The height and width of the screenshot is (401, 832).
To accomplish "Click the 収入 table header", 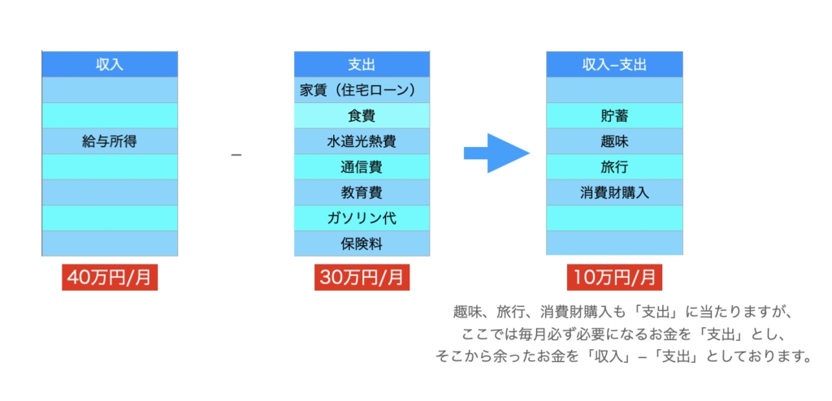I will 110,64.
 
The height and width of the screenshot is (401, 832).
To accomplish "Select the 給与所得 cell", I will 110,141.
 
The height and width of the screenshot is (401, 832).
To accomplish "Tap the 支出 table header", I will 362,64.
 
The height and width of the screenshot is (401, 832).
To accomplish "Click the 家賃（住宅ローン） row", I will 362,89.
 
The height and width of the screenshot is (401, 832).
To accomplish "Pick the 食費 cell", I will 362,116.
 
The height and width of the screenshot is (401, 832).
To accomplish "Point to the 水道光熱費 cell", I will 362,141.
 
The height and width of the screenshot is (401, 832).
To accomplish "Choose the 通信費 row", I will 362,167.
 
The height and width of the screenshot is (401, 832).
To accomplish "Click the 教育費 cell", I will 362,192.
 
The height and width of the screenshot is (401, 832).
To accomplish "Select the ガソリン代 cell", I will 362,218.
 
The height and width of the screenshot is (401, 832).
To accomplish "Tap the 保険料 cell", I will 362,243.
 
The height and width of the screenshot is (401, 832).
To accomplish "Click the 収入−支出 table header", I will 614,64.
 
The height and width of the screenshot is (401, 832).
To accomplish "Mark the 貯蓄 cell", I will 614,116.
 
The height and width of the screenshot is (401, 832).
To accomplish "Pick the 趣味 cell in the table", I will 614,141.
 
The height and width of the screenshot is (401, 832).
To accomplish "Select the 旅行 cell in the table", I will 614,167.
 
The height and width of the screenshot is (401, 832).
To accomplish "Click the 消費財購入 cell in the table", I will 614,192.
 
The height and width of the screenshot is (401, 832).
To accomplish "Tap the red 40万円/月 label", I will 110,277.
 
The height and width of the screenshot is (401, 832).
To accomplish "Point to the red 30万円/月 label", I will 362,277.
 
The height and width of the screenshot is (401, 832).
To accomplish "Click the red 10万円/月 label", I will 614,277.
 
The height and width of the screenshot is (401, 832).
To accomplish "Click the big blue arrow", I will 496,153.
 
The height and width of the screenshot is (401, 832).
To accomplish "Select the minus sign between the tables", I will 236,154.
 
